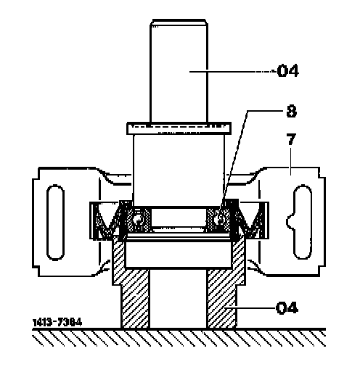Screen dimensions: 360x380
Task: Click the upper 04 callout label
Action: (287, 71)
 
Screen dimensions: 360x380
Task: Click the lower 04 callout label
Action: (287, 308)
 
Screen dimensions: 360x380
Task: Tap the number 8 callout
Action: (291, 111)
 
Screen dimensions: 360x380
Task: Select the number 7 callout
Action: (291, 139)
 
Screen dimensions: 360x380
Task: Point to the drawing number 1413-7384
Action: (57, 322)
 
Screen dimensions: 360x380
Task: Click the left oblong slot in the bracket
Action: (56, 223)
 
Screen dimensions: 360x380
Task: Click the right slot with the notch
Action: (300, 222)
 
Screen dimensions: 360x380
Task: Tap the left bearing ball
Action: (138, 220)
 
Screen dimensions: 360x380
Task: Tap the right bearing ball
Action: (219, 220)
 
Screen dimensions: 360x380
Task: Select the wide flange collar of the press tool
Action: (179, 128)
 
